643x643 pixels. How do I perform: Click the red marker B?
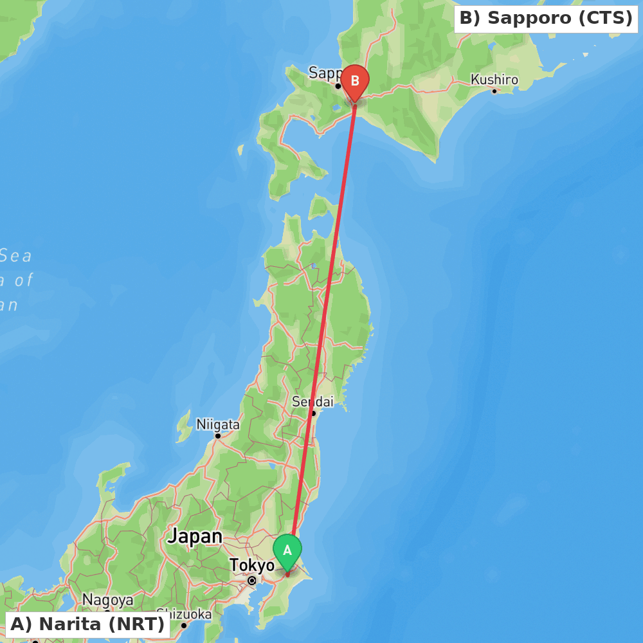tap(355, 82)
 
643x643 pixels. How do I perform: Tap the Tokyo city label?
tap(252, 565)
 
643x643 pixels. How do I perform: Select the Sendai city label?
tap(312, 401)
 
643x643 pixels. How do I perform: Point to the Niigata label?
tap(218, 424)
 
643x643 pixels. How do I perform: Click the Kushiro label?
tap(494, 80)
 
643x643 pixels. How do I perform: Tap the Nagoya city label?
tap(108, 600)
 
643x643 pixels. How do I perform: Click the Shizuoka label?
tap(184, 614)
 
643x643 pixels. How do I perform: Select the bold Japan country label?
tap(195, 536)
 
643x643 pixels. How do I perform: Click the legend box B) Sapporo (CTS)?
tap(546, 19)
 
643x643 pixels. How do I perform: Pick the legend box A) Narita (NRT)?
tap(87, 624)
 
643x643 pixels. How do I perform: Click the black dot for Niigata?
tap(218, 436)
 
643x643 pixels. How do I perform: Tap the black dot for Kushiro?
tap(494, 91)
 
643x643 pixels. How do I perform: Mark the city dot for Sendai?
tap(313, 413)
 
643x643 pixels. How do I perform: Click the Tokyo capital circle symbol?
tap(252, 581)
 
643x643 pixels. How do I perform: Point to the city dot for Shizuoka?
tap(184, 625)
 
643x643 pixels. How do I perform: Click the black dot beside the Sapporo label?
tap(338, 86)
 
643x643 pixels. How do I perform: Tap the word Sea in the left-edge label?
tap(15, 256)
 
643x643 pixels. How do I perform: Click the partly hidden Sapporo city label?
tap(324, 73)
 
